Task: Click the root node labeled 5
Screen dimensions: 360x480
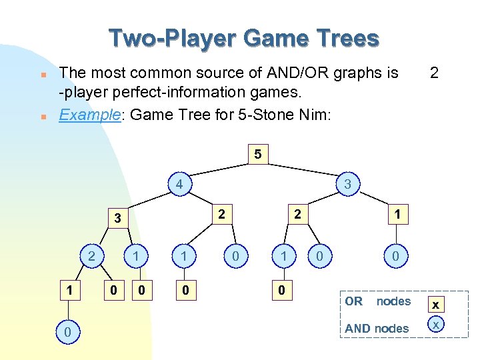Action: point(258,155)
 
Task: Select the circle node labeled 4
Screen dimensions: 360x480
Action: point(179,183)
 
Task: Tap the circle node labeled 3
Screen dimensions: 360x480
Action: point(348,183)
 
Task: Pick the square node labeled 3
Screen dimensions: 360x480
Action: point(117,217)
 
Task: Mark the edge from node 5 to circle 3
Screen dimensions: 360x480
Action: point(303,169)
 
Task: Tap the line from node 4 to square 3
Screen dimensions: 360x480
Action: point(147,200)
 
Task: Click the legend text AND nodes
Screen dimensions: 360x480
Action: point(377,328)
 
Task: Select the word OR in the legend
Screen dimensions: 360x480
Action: point(353,301)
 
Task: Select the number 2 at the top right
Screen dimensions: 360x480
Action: point(434,72)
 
